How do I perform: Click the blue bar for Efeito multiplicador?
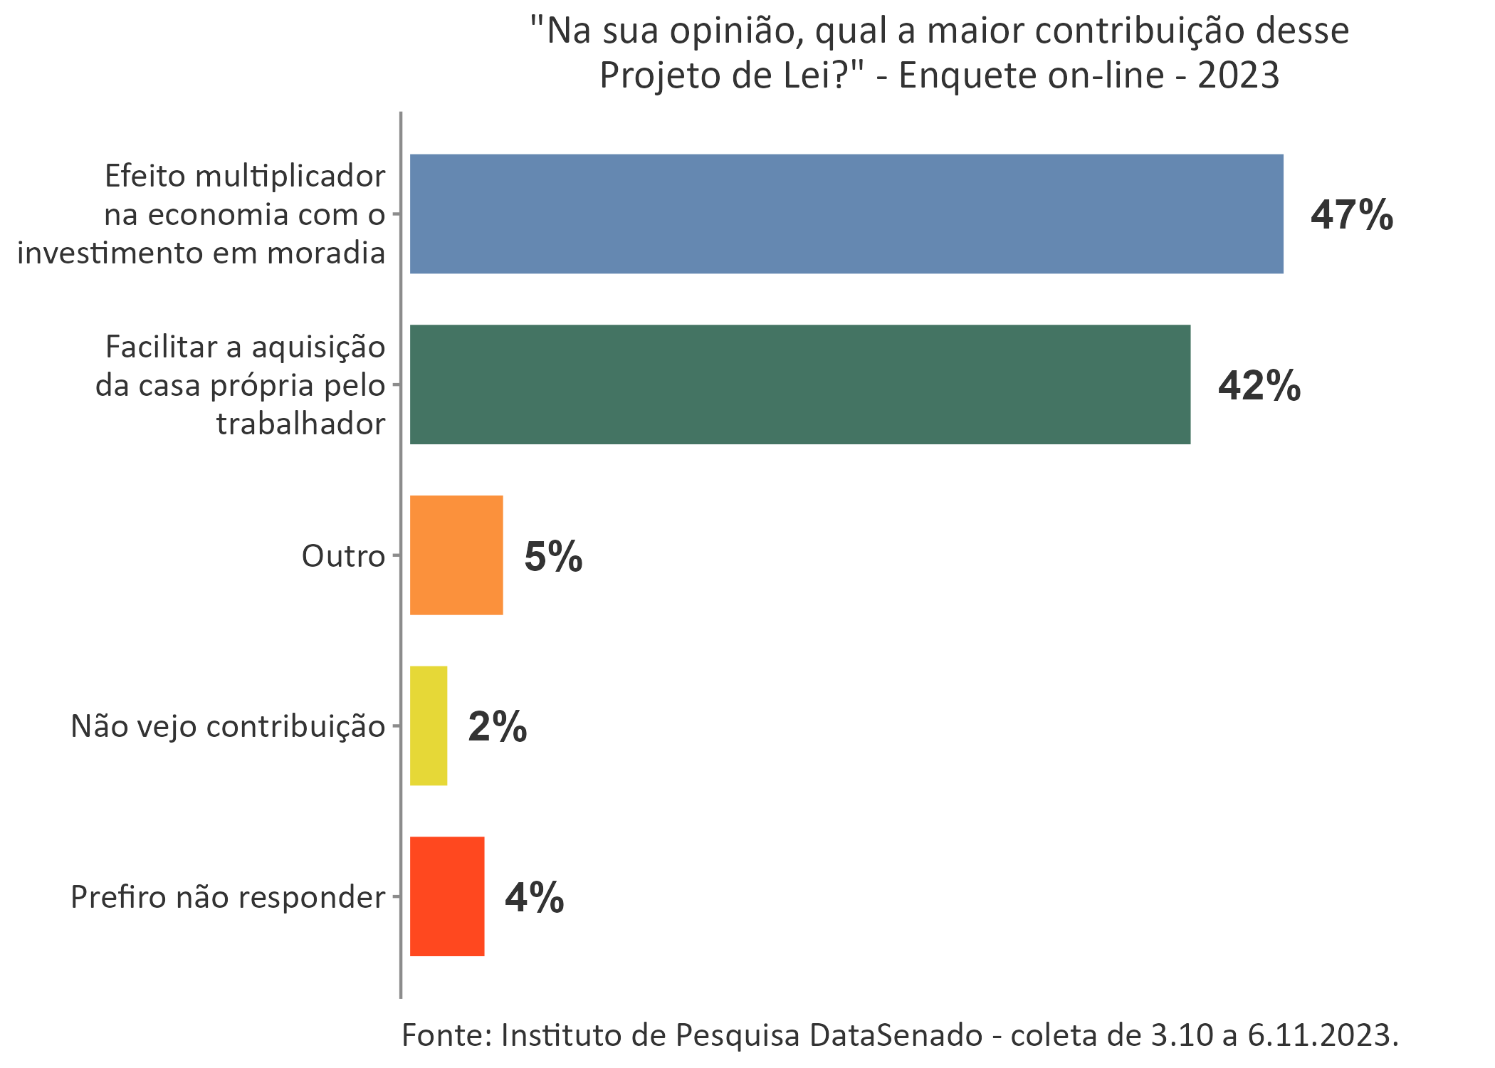coord(846,214)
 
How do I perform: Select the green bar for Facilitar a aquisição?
coord(800,384)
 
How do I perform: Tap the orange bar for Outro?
coord(456,555)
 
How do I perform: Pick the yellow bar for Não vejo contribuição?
coord(429,726)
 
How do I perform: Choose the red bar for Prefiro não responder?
coord(447,896)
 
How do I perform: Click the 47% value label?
coord(1351,214)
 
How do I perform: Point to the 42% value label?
coord(1259,386)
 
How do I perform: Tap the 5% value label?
coord(553,556)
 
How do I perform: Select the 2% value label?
coord(497,727)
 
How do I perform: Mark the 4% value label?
coord(534,897)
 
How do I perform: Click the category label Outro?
coord(342,556)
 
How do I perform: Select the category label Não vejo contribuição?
coord(228,727)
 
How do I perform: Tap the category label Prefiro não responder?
coord(228,897)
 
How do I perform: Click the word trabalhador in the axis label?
coord(300,424)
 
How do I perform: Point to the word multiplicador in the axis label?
coord(290,177)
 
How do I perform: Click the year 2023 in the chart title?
coord(1238,75)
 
